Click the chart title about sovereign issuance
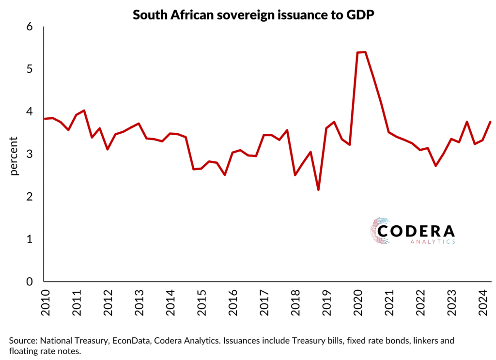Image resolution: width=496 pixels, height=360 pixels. click(248, 15)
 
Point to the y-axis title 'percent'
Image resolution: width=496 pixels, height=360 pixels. click(14, 156)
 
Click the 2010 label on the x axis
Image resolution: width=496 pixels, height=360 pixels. click(45, 303)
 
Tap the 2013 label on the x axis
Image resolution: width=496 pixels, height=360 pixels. click(139, 303)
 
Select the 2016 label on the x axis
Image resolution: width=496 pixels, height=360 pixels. click(233, 303)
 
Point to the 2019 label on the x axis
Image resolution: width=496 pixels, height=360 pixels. click(327, 303)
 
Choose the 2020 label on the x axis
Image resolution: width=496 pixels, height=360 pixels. click(358, 303)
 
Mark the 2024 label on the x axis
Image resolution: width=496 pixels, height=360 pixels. click(483, 303)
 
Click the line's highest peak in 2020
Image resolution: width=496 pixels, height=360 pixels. click(365, 52)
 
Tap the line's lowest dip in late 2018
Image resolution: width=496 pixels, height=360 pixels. click(318, 190)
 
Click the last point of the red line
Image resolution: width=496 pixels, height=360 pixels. click(490, 122)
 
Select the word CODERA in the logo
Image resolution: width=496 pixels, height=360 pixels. click(416, 231)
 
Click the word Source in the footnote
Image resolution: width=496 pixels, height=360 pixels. click(21, 341)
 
